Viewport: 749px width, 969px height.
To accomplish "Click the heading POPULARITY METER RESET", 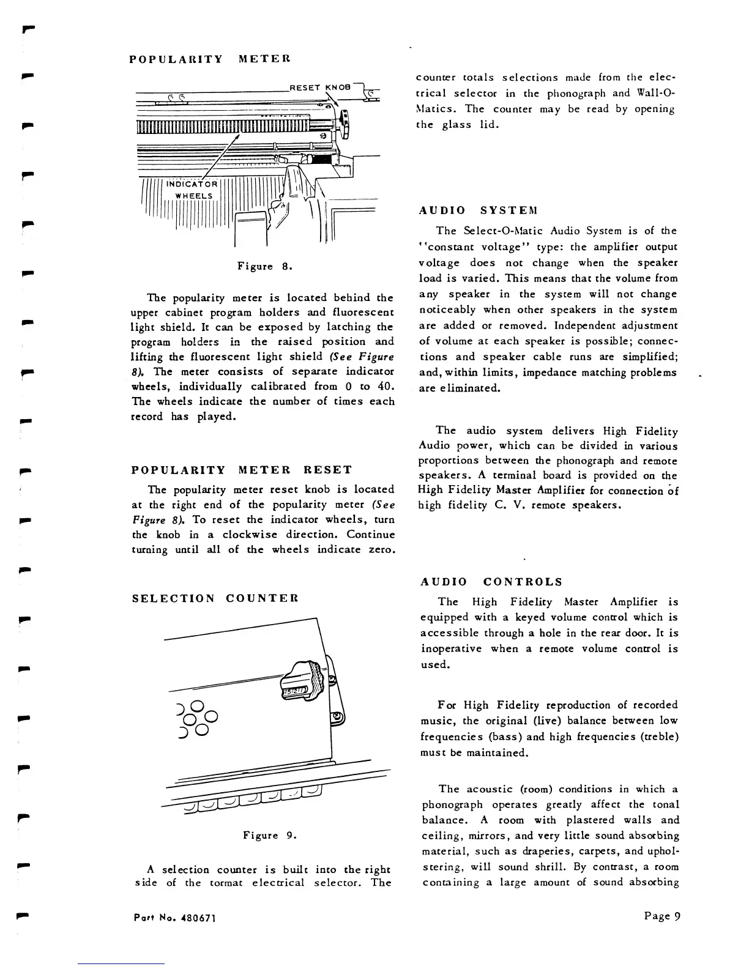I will pyautogui.click(x=242, y=470).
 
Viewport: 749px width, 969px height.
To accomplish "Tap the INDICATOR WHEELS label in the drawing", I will pyautogui.click(x=193, y=190).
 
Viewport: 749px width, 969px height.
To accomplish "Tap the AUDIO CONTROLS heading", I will pyautogui.click(x=491, y=581).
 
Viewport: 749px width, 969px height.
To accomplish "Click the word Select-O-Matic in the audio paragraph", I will pyautogui.click(x=503, y=231).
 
